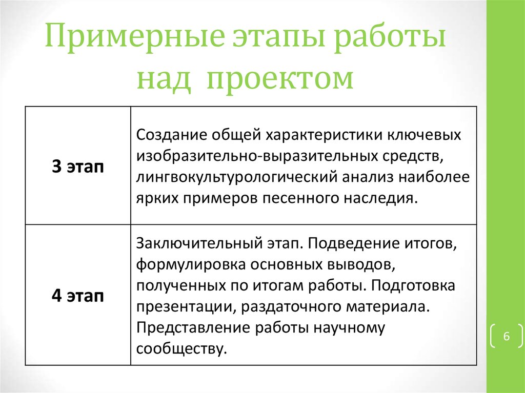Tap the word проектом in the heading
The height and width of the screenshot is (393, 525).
pos(280,79)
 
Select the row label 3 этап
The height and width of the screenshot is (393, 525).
pos(77,167)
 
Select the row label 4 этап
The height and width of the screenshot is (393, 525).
pos(77,296)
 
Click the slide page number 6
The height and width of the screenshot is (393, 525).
pos(506,337)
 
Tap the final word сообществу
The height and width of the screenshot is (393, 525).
pos(181,349)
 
